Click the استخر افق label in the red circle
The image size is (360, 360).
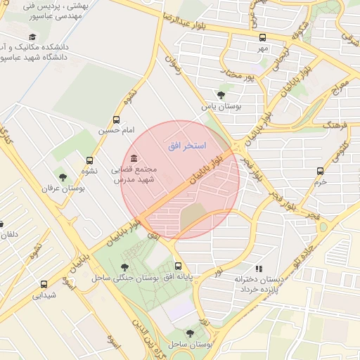coord(186,146)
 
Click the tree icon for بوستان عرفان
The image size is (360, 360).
coord(63,177)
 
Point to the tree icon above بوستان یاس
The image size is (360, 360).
coord(221,95)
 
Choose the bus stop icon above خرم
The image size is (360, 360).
coord(320,170)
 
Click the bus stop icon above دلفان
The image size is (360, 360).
coord(2,224)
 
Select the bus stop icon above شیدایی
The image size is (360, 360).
coord(44,284)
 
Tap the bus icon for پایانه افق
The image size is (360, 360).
coord(178,266)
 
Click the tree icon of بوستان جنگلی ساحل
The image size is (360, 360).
coord(124,266)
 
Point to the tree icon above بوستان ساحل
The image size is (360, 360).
coord(189,333)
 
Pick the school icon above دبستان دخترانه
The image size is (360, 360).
coord(259,268)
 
